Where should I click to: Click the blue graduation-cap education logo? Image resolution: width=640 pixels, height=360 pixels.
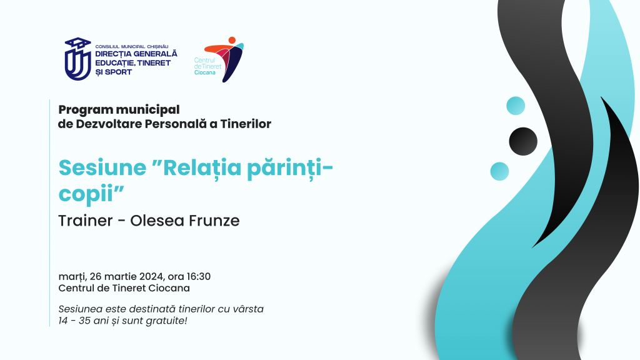click(x=77, y=59)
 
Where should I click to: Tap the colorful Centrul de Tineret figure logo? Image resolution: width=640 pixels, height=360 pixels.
click(x=224, y=59)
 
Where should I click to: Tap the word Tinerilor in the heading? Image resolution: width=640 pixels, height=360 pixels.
click(x=246, y=124)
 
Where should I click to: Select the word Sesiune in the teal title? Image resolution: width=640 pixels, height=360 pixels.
click(x=102, y=167)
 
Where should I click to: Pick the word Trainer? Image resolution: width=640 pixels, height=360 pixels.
click(x=85, y=221)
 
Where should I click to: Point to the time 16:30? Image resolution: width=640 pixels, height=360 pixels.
click(x=199, y=277)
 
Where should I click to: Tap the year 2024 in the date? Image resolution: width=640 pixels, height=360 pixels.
click(x=152, y=277)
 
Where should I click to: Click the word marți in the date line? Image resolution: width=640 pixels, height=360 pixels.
click(x=72, y=277)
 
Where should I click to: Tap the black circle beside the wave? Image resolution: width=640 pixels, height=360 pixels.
click(x=523, y=142)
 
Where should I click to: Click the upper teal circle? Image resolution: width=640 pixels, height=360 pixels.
click(x=516, y=106)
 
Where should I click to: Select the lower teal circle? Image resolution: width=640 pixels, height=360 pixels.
click(x=499, y=171)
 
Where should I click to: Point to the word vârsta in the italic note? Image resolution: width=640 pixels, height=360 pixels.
click(x=248, y=309)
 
